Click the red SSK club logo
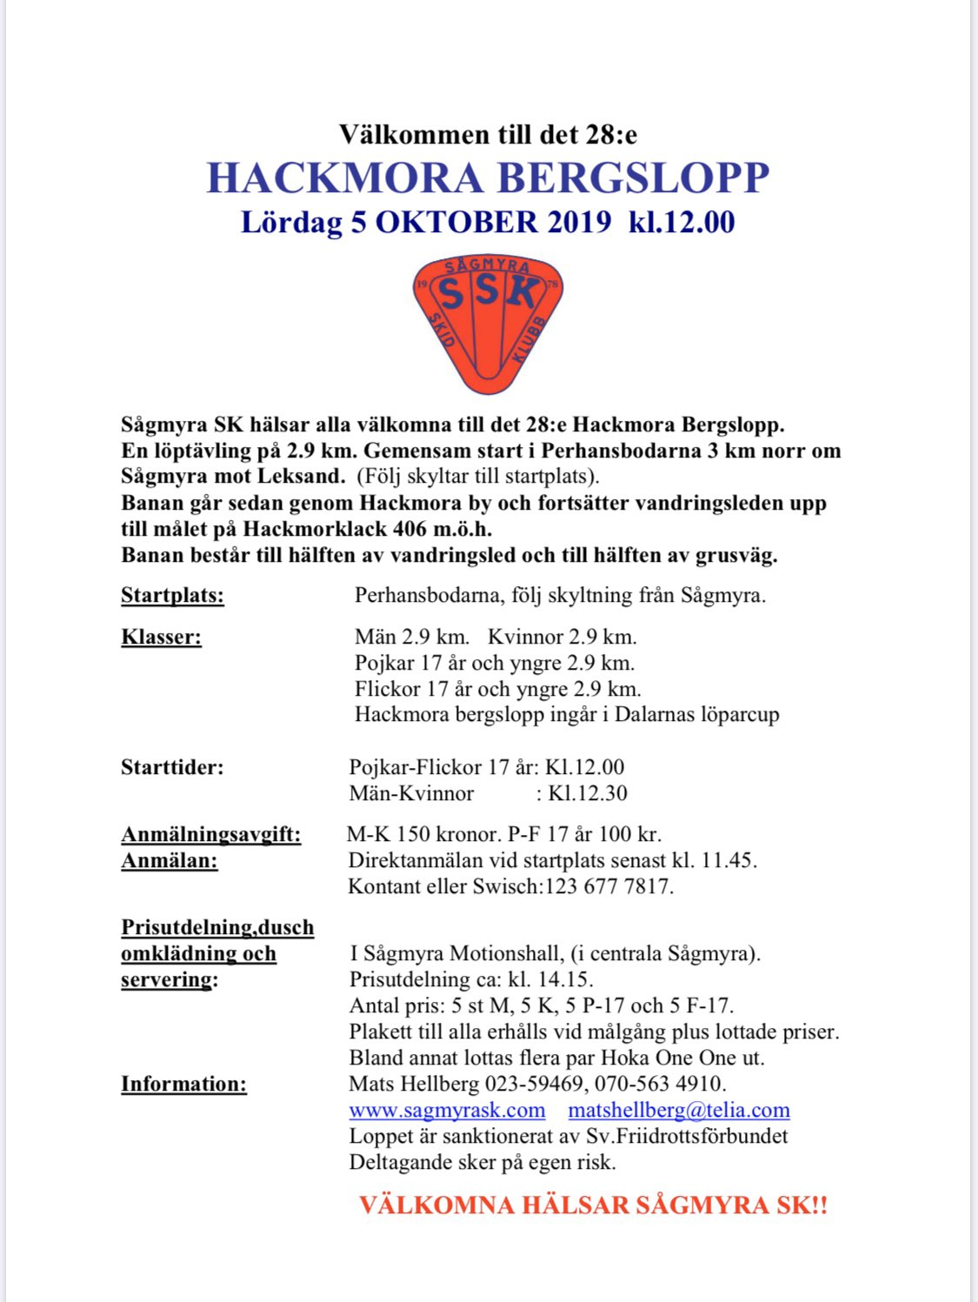pyautogui.click(x=488, y=323)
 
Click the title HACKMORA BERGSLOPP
pyautogui.click(x=488, y=178)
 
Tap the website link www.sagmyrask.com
pyautogui.click(x=447, y=1111)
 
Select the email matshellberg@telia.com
pyautogui.click(x=679, y=1111)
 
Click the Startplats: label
pyautogui.click(x=172, y=596)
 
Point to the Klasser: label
pyautogui.click(x=161, y=638)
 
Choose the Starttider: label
pyautogui.click(x=172, y=768)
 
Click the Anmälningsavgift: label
pyautogui.click(x=211, y=835)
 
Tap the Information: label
pyautogui.click(x=183, y=1085)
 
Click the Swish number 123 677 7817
pyautogui.click(x=609, y=887)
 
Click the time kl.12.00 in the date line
pyautogui.click(x=682, y=223)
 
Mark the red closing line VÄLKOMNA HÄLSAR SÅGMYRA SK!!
pyautogui.click(x=593, y=1205)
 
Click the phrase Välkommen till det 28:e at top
pyautogui.click(x=488, y=135)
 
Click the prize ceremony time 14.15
pyautogui.click(x=564, y=980)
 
